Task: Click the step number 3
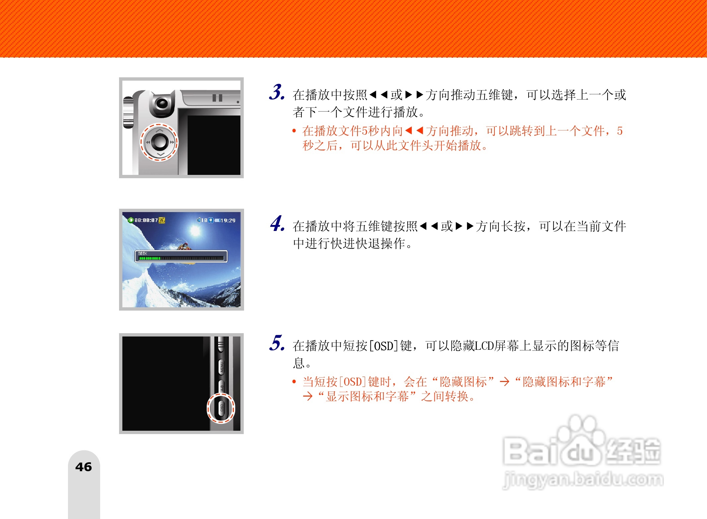point(276,92)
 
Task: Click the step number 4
point(277,224)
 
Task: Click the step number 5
point(276,343)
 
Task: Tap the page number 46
point(84,467)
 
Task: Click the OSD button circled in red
point(222,408)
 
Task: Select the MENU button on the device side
point(222,367)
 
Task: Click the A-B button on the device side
point(222,387)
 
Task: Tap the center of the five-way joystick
point(160,142)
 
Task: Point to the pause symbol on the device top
point(217,98)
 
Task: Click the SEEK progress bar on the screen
point(181,258)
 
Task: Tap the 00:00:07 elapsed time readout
point(146,220)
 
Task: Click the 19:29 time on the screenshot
point(228,220)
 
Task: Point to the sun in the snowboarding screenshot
point(195,230)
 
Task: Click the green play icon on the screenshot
point(131,220)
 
